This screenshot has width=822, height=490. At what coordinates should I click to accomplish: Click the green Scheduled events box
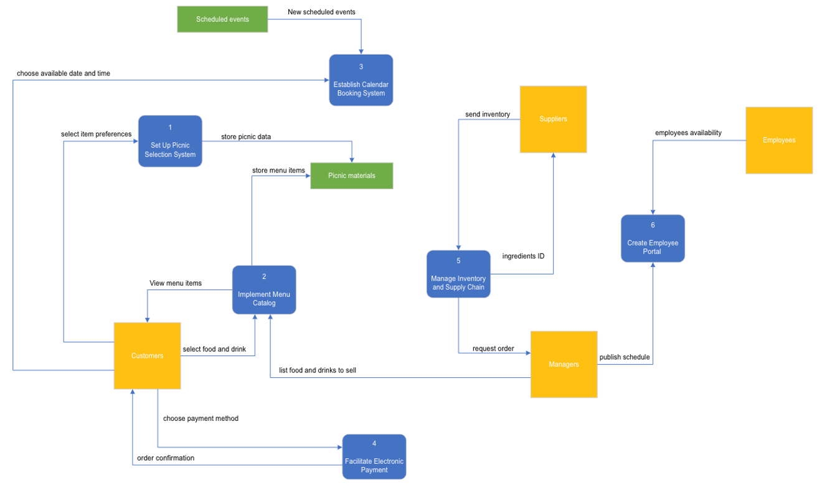click(x=222, y=19)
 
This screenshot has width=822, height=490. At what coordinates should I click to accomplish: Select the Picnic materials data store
click(x=352, y=176)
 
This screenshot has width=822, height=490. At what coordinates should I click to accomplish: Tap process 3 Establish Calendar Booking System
click(x=361, y=80)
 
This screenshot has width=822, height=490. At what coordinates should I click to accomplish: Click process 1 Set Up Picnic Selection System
click(x=170, y=141)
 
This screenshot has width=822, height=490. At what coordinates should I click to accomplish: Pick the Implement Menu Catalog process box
click(x=264, y=290)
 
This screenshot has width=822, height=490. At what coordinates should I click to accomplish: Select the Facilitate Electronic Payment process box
click(x=374, y=457)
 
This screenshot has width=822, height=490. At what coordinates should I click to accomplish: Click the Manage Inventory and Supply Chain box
click(x=458, y=275)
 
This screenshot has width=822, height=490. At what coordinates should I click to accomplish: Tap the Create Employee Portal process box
click(x=653, y=238)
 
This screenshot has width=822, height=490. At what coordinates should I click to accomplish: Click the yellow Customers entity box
click(x=148, y=356)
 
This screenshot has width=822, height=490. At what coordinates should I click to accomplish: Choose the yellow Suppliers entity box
click(x=553, y=119)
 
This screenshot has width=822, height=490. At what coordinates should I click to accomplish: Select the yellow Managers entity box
click(x=564, y=364)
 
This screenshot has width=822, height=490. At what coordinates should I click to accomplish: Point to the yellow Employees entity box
click(x=779, y=140)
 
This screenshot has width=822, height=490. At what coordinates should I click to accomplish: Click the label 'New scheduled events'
click(x=321, y=12)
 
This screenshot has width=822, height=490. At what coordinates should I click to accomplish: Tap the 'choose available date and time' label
click(x=64, y=73)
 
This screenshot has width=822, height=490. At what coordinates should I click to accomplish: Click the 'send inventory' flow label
click(x=488, y=114)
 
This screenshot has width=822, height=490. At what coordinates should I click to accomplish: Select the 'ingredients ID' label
click(x=523, y=256)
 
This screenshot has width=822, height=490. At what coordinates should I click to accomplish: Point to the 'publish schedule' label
click(x=625, y=357)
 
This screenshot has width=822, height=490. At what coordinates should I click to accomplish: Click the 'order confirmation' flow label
click(x=166, y=458)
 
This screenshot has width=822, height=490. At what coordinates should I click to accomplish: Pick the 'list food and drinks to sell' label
click(x=318, y=370)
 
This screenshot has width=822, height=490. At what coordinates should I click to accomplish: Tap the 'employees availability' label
click(x=688, y=133)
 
